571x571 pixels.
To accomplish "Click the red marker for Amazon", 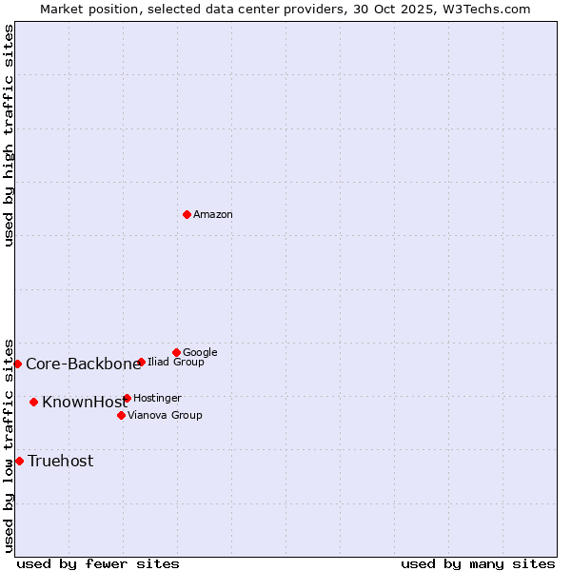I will tap(187, 214).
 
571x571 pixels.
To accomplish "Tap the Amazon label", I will tap(213, 215).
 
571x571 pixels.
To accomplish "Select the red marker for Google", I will tap(176, 352).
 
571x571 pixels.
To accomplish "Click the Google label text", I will tap(200, 353).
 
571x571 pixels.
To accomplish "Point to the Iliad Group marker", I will tap(141, 362).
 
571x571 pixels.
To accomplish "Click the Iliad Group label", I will tap(176, 363).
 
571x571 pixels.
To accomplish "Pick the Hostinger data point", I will tap(127, 398).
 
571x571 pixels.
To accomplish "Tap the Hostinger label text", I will tap(157, 399).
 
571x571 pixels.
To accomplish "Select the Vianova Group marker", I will tap(121, 415).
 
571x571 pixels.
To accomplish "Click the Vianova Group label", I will tap(165, 416).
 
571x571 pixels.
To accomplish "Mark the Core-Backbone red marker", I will tap(17, 364).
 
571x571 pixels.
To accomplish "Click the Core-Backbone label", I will tap(83, 364).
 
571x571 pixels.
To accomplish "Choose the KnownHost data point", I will tap(33, 402).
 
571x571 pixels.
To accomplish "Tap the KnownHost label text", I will tap(85, 403).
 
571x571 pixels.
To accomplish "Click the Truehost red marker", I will tap(19, 461).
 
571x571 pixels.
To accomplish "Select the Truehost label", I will tap(61, 462).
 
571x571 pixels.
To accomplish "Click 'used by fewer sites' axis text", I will tap(98, 563).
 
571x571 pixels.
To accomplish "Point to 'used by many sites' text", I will tap(478, 563).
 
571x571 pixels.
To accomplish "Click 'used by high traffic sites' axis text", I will tap(10, 135).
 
